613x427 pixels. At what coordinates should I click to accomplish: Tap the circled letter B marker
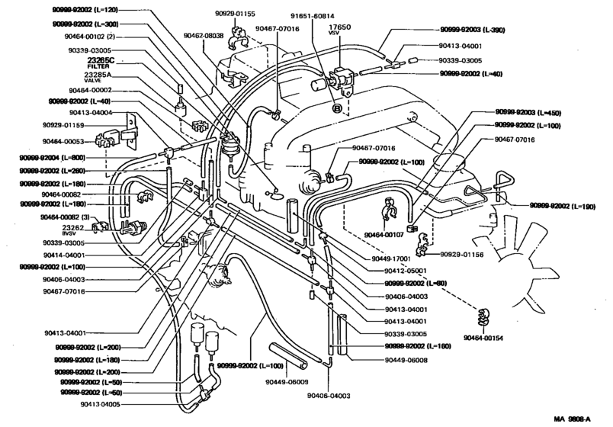[x=336, y=108]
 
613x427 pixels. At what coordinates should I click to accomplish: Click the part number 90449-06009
[x=288, y=381]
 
